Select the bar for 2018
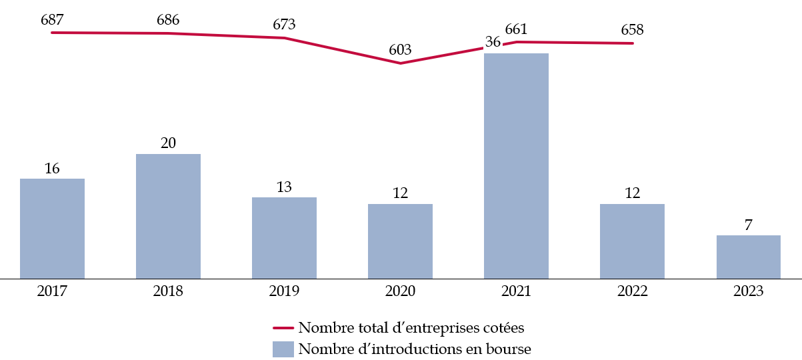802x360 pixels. point(168,216)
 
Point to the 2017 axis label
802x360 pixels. point(52,291)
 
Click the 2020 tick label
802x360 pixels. point(400,291)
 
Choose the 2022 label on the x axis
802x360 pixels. point(632,291)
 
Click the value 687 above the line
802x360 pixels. point(52,19)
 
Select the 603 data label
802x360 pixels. point(400,50)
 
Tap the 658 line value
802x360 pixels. point(632,30)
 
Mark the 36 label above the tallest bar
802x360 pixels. point(493,41)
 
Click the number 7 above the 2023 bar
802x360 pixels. point(748,225)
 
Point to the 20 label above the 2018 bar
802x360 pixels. point(168,143)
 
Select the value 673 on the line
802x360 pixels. point(284,25)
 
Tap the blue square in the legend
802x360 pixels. point(283,349)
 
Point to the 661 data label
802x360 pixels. point(516,29)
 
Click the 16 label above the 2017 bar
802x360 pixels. point(52,169)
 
